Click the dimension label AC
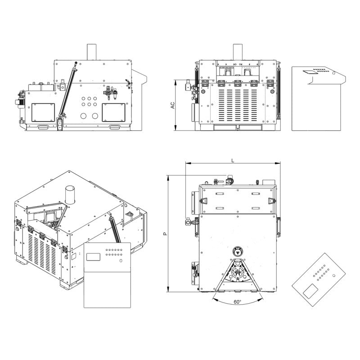[172, 105]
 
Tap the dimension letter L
[233, 160]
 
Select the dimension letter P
[165, 234]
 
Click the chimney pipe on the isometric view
[70, 195]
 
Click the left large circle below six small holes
[84, 116]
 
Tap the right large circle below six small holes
[95, 116]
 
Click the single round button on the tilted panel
[333, 275]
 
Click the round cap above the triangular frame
[237, 250]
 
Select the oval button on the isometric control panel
[121, 261]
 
